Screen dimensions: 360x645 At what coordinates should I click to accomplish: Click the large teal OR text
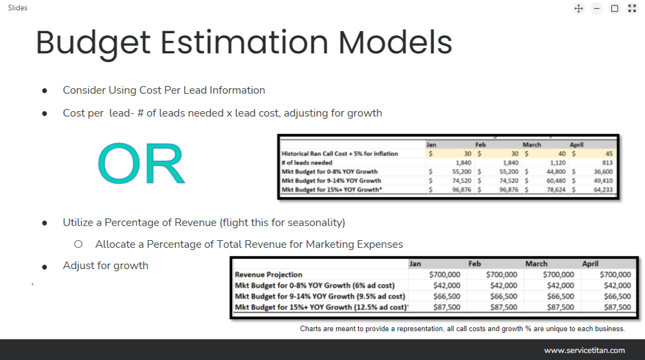coord(142,164)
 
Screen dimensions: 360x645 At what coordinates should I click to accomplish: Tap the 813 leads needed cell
coord(607,163)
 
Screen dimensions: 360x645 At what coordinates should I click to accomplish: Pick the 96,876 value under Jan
coord(459,190)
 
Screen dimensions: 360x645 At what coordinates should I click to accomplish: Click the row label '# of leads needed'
coord(307,163)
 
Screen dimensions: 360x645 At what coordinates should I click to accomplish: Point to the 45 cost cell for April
coord(609,154)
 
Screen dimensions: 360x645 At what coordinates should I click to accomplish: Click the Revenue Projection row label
coord(268,274)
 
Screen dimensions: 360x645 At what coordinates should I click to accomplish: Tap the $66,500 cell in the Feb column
coord(503,296)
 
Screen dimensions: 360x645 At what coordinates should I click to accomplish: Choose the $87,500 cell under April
coord(617,307)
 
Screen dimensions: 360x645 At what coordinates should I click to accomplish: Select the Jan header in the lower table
coord(415,264)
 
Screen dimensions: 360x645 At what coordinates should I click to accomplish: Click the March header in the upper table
coord(532,145)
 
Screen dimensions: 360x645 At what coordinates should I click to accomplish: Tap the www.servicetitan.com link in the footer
coord(584,350)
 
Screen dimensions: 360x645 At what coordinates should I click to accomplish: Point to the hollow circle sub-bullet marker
coord(78,245)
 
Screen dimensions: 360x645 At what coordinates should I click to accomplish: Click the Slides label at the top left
coord(17,8)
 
